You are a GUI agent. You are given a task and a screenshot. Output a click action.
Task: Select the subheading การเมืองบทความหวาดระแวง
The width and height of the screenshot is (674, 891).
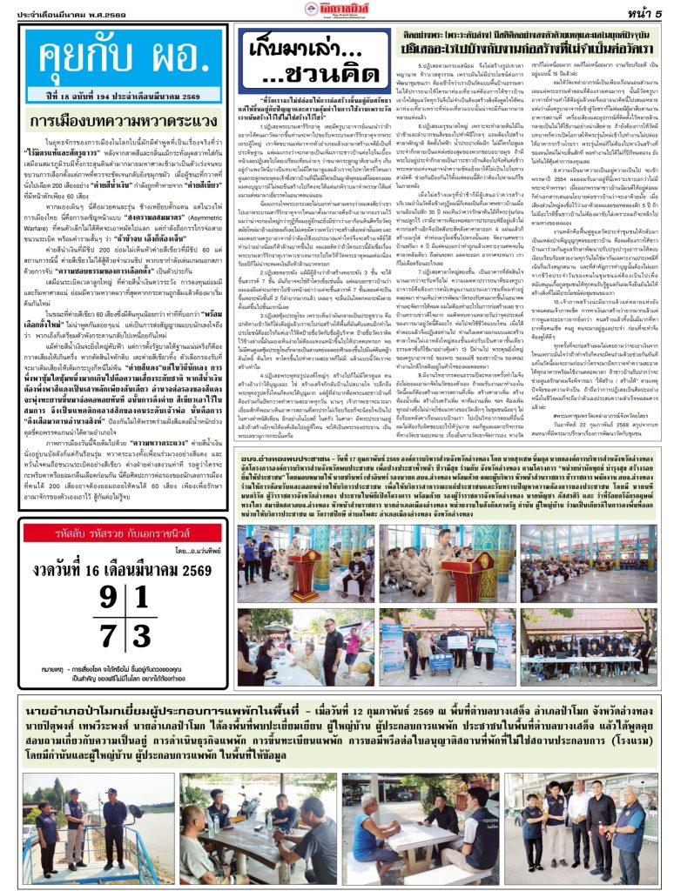pos(122,121)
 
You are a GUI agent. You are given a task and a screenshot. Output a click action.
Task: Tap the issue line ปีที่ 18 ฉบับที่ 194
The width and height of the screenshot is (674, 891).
pos(122,92)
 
